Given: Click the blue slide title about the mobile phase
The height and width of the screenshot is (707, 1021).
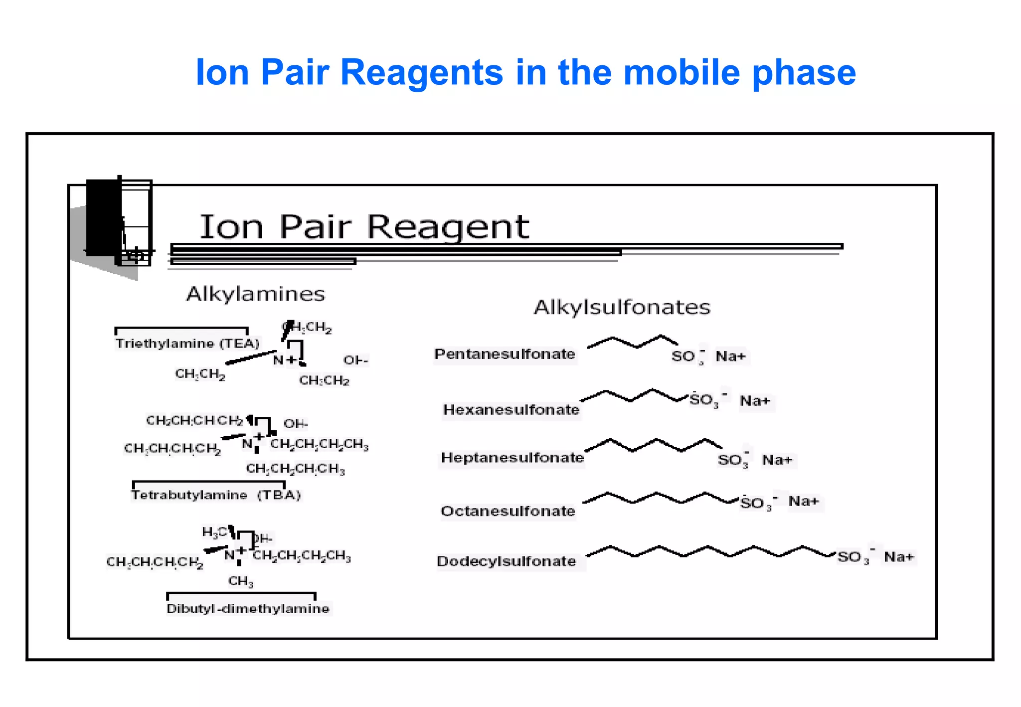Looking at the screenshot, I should (x=525, y=72).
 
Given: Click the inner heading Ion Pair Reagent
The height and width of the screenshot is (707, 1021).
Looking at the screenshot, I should (x=364, y=227).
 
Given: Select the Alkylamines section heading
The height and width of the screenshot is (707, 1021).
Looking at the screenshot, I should (x=255, y=294).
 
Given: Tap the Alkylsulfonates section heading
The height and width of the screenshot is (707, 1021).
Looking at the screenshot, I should (x=622, y=307).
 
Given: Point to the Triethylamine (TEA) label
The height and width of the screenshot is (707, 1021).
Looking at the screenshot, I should (x=187, y=344).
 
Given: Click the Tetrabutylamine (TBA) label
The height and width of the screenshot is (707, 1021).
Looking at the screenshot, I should (x=216, y=495).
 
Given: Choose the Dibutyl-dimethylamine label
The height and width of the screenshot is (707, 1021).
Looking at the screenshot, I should (x=248, y=609).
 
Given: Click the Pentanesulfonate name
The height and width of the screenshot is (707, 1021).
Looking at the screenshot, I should (x=505, y=354).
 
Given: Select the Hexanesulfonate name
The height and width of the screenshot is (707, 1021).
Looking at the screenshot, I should (x=511, y=410).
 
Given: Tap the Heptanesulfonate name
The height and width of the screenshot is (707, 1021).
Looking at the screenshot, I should (x=512, y=458).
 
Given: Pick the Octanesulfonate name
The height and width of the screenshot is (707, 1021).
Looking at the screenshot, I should (x=508, y=511).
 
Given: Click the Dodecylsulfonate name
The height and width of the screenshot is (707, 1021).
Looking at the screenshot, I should (x=506, y=561).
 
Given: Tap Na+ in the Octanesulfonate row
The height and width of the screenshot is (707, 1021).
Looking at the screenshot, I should (x=803, y=501).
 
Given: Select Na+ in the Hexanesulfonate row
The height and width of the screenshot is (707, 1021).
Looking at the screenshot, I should (x=755, y=401).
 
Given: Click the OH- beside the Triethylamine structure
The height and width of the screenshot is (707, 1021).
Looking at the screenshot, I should (x=355, y=360).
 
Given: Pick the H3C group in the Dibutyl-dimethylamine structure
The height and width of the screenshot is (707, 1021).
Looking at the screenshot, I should (x=214, y=532).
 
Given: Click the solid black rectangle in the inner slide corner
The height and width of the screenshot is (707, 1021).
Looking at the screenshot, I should (x=104, y=218).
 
